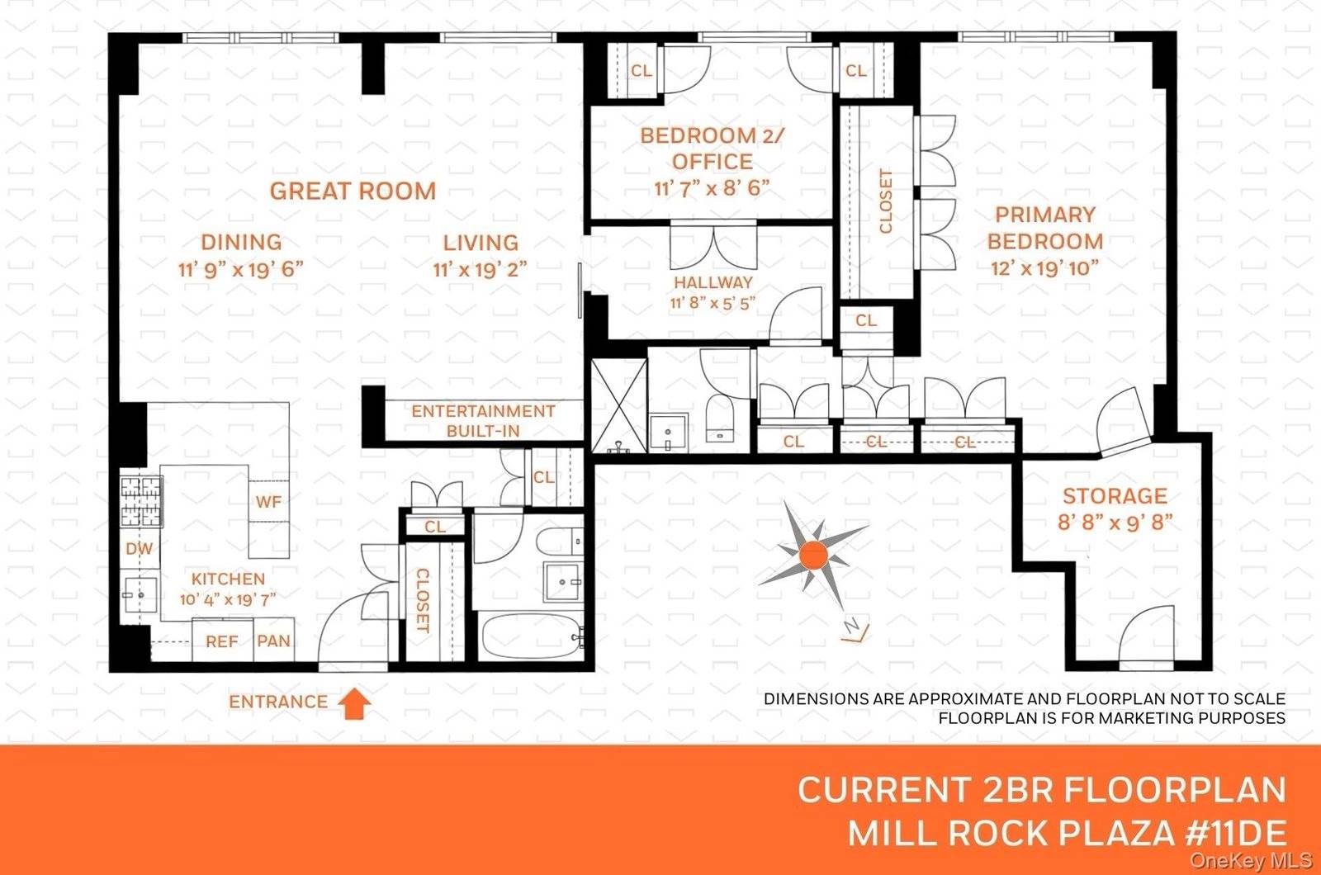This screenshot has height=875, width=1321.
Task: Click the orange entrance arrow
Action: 356,702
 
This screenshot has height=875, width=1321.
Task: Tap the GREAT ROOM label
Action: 353,191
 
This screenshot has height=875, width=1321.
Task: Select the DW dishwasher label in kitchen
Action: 139,549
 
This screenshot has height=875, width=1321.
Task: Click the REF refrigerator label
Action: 221,641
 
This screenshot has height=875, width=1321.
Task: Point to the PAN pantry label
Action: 273,641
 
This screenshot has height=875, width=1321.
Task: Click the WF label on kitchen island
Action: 268,502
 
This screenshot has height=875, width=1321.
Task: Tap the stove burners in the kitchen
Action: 140,502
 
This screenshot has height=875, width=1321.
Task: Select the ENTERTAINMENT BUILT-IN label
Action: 483,420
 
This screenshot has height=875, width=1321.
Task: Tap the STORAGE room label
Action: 1115,496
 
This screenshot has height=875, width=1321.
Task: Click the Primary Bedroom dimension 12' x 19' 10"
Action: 1044,268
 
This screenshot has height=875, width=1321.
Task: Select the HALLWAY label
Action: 713,282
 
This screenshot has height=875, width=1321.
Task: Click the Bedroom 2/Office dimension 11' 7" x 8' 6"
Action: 712,188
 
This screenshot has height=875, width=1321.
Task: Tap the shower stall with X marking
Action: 619,404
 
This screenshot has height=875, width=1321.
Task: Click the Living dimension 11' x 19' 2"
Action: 480,269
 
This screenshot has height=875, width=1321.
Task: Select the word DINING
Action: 241,243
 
